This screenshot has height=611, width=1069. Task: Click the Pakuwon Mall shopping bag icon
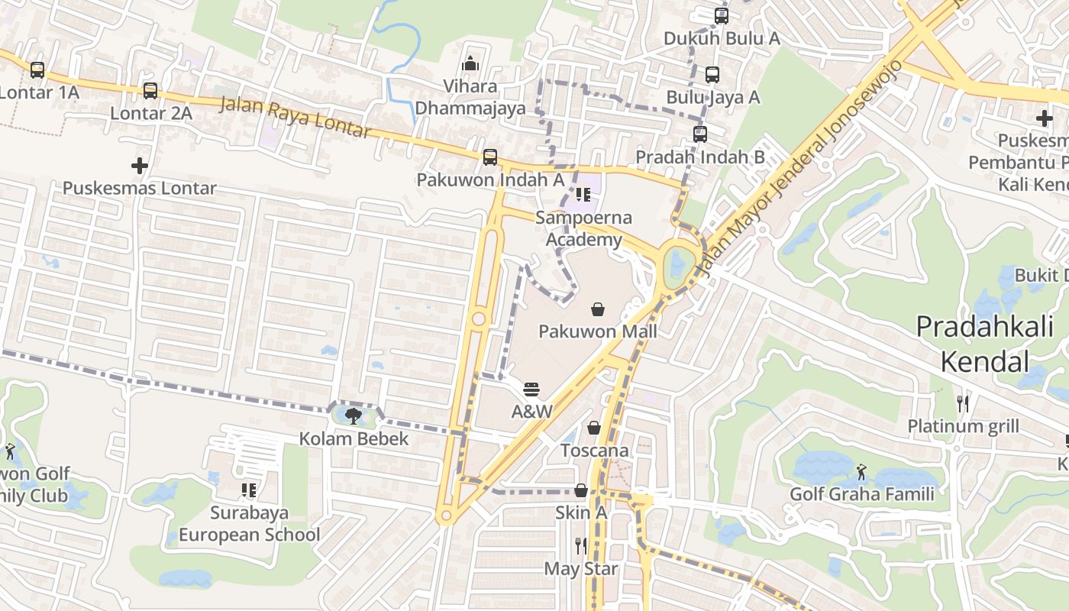pos(598,309)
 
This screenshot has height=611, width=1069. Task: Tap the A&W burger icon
pos(531,390)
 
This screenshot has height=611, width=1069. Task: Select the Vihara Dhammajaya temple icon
pos(470,63)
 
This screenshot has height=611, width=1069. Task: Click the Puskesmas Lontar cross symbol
pos(139,166)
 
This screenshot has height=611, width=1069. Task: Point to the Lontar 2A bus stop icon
pos(150,91)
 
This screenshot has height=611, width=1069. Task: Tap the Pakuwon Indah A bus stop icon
pos(490,157)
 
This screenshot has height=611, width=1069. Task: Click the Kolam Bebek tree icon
pos(353,416)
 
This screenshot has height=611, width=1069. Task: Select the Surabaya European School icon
pos(248,490)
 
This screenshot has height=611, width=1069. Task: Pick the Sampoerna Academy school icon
pos(583,195)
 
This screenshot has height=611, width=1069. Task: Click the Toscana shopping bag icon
pos(594,428)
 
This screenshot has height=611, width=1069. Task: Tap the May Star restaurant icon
pos(581,545)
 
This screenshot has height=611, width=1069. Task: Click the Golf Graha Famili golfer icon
pos(861,471)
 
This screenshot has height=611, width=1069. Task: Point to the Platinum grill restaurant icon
pos(963,403)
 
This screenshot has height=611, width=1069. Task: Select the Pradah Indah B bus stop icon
pos(700,134)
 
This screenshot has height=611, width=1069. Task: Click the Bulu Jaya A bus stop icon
pos(712,75)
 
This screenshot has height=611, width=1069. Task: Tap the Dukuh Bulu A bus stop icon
pos(722,16)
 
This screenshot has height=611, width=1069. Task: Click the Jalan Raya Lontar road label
pos(296,116)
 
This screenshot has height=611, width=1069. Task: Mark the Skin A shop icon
pos(581,490)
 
